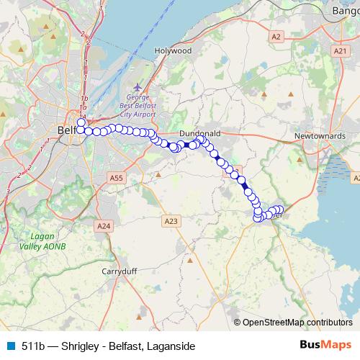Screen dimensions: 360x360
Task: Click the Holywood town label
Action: point(173,52)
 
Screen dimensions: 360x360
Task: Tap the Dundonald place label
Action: point(199,134)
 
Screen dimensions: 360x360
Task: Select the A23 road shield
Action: point(171,220)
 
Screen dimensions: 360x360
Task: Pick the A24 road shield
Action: point(104,226)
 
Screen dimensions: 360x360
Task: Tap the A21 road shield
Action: point(341,50)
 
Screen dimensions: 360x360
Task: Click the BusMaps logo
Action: point(325,346)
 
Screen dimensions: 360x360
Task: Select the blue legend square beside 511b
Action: point(10,346)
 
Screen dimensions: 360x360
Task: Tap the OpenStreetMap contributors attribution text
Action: point(297,323)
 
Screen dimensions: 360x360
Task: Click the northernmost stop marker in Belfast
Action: point(82,123)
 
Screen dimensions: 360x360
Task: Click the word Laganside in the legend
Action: point(171,346)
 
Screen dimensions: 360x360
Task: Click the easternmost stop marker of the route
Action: point(279,210)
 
